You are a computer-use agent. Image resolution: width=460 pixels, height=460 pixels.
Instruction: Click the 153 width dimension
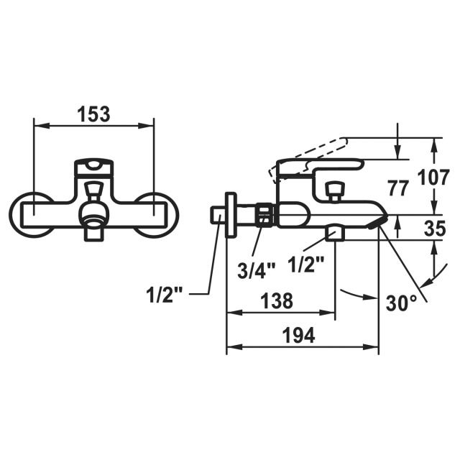(x=94, y=114)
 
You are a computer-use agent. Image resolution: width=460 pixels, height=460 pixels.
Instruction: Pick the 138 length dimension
(x=277, y=300)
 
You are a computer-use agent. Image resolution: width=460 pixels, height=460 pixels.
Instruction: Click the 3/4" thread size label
(x=257, y=271)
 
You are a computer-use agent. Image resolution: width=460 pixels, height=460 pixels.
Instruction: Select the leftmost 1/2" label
(x=167, y=294)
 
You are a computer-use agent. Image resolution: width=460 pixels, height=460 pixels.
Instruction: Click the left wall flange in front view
(x=31, y=214)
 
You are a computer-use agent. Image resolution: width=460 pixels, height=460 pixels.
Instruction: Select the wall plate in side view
(x=231, y=215)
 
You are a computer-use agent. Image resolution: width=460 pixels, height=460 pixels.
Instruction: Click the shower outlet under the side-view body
(x=335, y=232)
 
